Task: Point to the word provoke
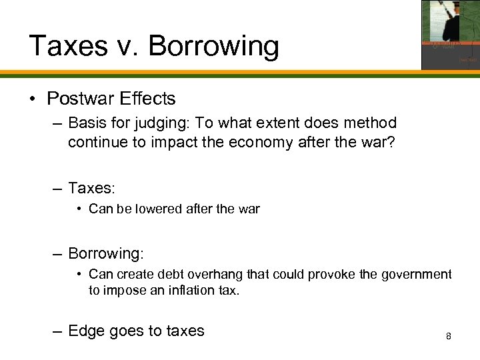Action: click(x=301, y=275)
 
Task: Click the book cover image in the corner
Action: click(x=450, y=35)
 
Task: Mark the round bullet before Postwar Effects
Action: click(x=33, y=100)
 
